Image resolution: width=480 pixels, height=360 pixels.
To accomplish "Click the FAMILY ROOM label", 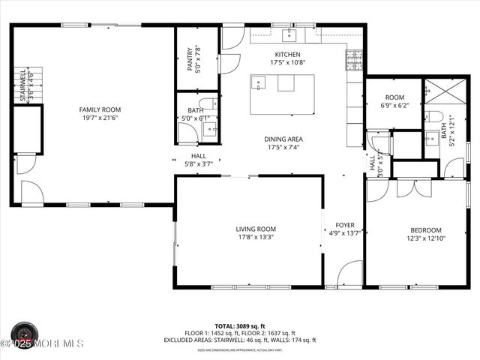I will click(x=100, y=109).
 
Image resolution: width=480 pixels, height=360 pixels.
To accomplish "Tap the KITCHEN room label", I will click(x=287, y=55).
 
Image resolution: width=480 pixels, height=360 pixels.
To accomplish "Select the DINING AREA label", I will click(x=283, y=139).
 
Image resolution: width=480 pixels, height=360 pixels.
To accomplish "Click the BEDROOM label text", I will click(x=425, y=230).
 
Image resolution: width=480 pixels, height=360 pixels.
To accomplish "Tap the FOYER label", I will click(x=344, y=224).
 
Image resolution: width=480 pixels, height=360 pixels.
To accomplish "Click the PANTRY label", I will click(x=190, y=60).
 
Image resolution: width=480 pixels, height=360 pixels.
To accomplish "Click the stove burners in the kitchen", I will click(x=354, y=58).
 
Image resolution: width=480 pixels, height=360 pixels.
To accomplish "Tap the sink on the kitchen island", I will click(x=259, y=83).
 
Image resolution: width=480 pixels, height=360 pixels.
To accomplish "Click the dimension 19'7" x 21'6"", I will click(x=100, y=118).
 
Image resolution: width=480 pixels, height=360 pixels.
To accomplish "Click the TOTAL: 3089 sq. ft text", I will click(x=240, y=326).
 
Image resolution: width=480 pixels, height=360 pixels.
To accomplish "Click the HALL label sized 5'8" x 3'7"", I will click(x=199, y=156).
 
